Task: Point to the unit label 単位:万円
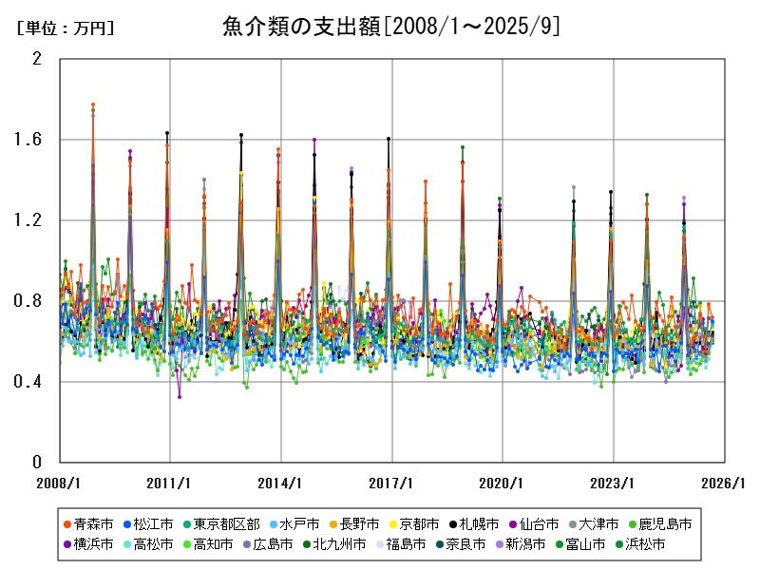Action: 66,28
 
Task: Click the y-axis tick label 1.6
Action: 31,140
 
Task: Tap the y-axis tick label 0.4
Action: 31,382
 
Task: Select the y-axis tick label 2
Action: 37,59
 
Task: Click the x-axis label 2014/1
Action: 281,482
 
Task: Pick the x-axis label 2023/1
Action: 614,482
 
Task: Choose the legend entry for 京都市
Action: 413,523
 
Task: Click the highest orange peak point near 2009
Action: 93,104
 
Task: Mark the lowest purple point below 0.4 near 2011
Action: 180,397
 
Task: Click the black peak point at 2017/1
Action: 389,139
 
